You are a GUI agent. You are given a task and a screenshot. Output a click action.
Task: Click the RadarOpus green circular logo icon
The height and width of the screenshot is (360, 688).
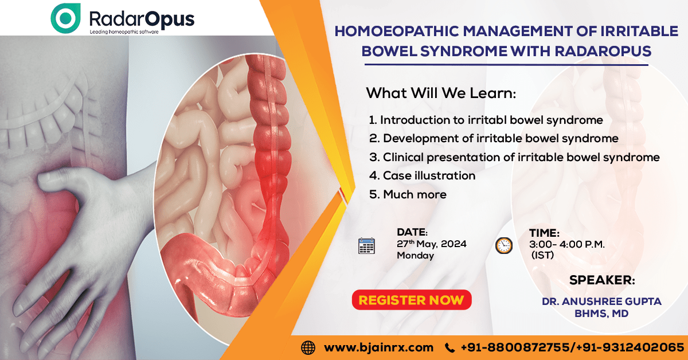(x=65, y=18)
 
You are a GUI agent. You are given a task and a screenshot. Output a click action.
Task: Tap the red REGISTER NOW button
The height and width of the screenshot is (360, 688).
(x=412, y=300)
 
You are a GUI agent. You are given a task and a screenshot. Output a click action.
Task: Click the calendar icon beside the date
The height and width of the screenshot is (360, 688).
(x=366, y=246)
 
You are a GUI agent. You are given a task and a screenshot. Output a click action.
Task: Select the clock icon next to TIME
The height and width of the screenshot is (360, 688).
(x=504, y=245)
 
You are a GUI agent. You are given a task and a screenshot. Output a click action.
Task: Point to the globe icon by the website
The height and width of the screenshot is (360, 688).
(x=308, y=348)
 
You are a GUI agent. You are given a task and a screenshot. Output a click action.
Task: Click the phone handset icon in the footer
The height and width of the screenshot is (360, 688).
(x=449, y=348)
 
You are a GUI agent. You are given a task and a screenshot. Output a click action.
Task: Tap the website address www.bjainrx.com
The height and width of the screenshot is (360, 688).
(x=379, y=347)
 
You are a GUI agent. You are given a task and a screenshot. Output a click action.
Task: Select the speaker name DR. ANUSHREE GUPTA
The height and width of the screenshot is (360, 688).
(x=601, y=302)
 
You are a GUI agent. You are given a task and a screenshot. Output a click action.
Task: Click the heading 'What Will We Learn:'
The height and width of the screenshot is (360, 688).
(x=441, y=93)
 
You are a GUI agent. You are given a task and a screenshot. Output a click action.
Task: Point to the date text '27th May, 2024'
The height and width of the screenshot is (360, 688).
(x=432, y=244)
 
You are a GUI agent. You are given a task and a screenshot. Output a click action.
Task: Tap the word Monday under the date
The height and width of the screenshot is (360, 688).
(x=415, y=255)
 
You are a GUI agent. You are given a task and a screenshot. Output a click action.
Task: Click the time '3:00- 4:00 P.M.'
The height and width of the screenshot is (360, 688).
(x=566, y=244)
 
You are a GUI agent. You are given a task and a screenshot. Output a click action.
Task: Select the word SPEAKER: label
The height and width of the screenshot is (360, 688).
(x=602, y=280)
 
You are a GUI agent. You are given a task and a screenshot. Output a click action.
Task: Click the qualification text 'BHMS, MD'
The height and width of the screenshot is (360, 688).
(x=601, y=314)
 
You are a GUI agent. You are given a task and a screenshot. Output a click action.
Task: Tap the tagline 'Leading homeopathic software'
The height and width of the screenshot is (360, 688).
(x=124, y=32)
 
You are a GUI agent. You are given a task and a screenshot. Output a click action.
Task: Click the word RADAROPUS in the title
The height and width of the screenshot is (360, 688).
(x=603, y=51)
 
